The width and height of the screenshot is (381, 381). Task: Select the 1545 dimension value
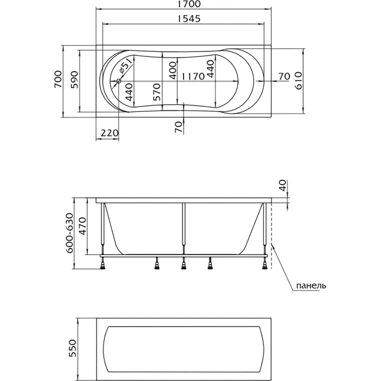189,19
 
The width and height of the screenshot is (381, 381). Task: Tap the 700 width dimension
58,80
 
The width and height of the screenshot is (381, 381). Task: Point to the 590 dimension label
74,80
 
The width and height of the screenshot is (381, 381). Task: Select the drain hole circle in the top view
119,81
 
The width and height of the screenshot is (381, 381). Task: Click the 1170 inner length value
193,77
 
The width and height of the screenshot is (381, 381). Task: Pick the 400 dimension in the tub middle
173,70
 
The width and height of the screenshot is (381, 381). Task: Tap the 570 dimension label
157,92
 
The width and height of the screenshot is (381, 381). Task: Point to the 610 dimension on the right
298,81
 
